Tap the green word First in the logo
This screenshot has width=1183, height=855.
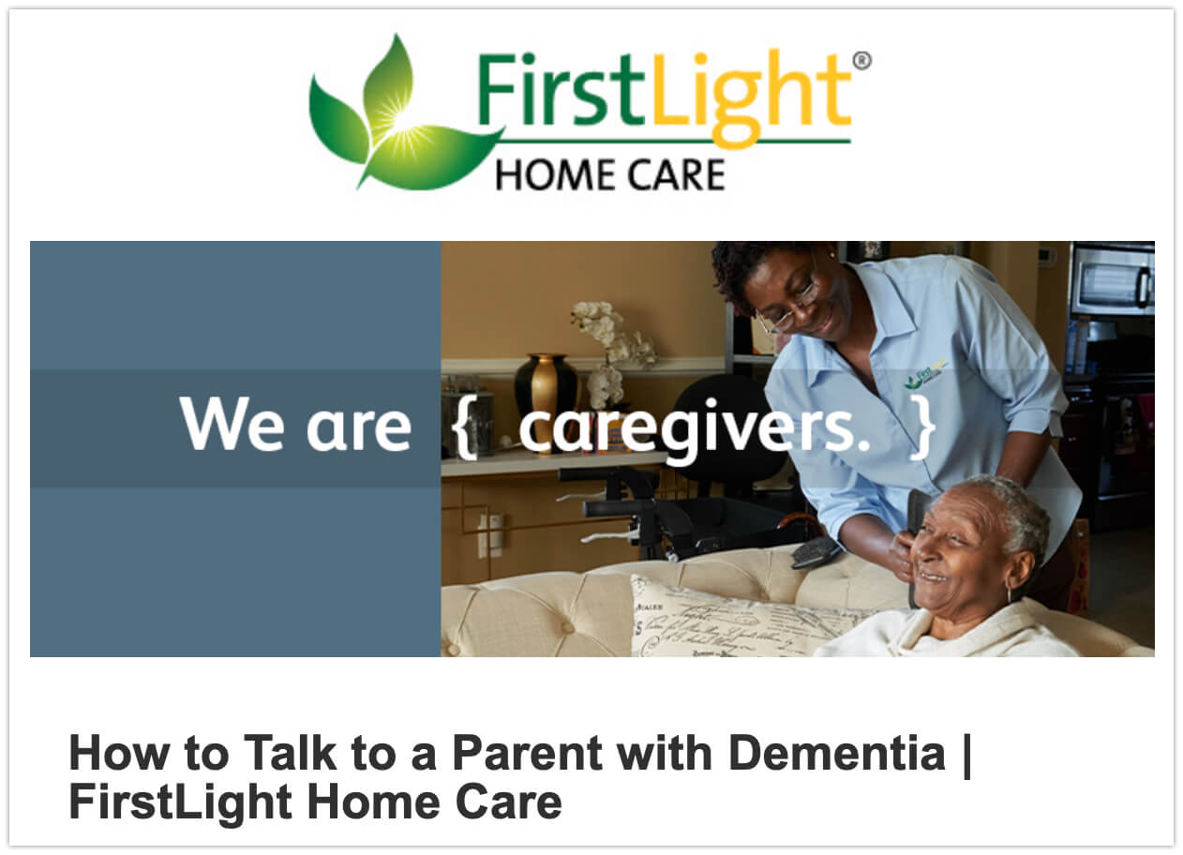click(563, 89)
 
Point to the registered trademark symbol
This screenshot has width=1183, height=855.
click(861, 61)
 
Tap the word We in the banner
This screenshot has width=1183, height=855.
click(232, 424)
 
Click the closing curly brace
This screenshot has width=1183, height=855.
click(922, 426)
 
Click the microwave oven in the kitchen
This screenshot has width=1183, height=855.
click(1113, 280)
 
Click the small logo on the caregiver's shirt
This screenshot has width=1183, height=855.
click(925, 373)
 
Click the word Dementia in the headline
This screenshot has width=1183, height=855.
click(836, 753)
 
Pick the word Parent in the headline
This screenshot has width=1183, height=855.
click(527, 753)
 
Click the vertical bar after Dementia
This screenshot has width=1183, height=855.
click(967, 756)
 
